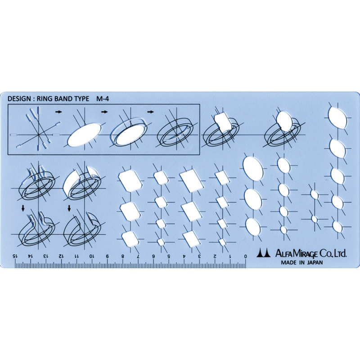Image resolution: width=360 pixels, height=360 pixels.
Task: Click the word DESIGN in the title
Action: coord(19,99)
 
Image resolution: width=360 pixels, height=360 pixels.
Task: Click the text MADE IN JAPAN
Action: coord(302,263)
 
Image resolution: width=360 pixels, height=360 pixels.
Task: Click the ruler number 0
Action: coord(245,256)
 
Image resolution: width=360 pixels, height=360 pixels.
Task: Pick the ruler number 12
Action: coord(61,256)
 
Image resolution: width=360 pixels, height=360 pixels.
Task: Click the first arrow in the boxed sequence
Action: coord(59,112)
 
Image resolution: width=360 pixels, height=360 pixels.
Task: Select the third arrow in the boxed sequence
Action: coord(150,112)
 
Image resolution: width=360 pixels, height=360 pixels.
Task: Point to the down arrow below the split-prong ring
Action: coord(22,208)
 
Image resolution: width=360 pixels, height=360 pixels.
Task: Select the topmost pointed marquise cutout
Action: coord(337,117)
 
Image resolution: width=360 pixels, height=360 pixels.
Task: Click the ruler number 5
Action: coord(169,256)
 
